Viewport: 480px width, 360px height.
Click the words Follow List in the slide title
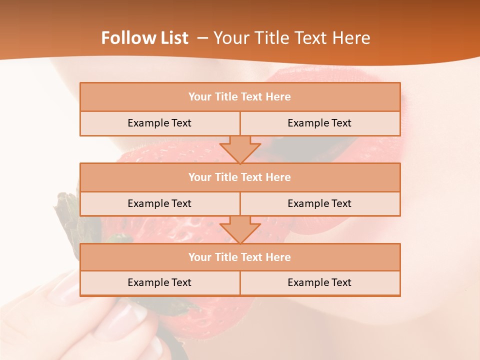(x=145, y=38)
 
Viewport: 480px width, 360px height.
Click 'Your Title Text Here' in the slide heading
(x=291, y=38)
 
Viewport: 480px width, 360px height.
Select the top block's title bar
(x=240, y=96)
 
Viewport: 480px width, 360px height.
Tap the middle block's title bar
(x=240, y=177)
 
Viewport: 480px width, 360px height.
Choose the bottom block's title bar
(x=240, y=257)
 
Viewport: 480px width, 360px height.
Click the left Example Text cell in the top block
(x=159, y=123)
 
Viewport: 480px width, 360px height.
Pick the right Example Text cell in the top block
(x=320, y=123)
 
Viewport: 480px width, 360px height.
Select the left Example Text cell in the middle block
(x=159, y=203)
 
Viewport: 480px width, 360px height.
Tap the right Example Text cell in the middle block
(x=320, y=203)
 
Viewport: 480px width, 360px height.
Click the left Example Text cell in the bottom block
(x=159, y=282)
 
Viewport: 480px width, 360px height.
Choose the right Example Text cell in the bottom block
(x=320, y=282)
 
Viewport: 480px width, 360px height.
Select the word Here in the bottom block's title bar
(x=278, y=257)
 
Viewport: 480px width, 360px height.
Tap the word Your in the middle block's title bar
(x=199, y=177)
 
